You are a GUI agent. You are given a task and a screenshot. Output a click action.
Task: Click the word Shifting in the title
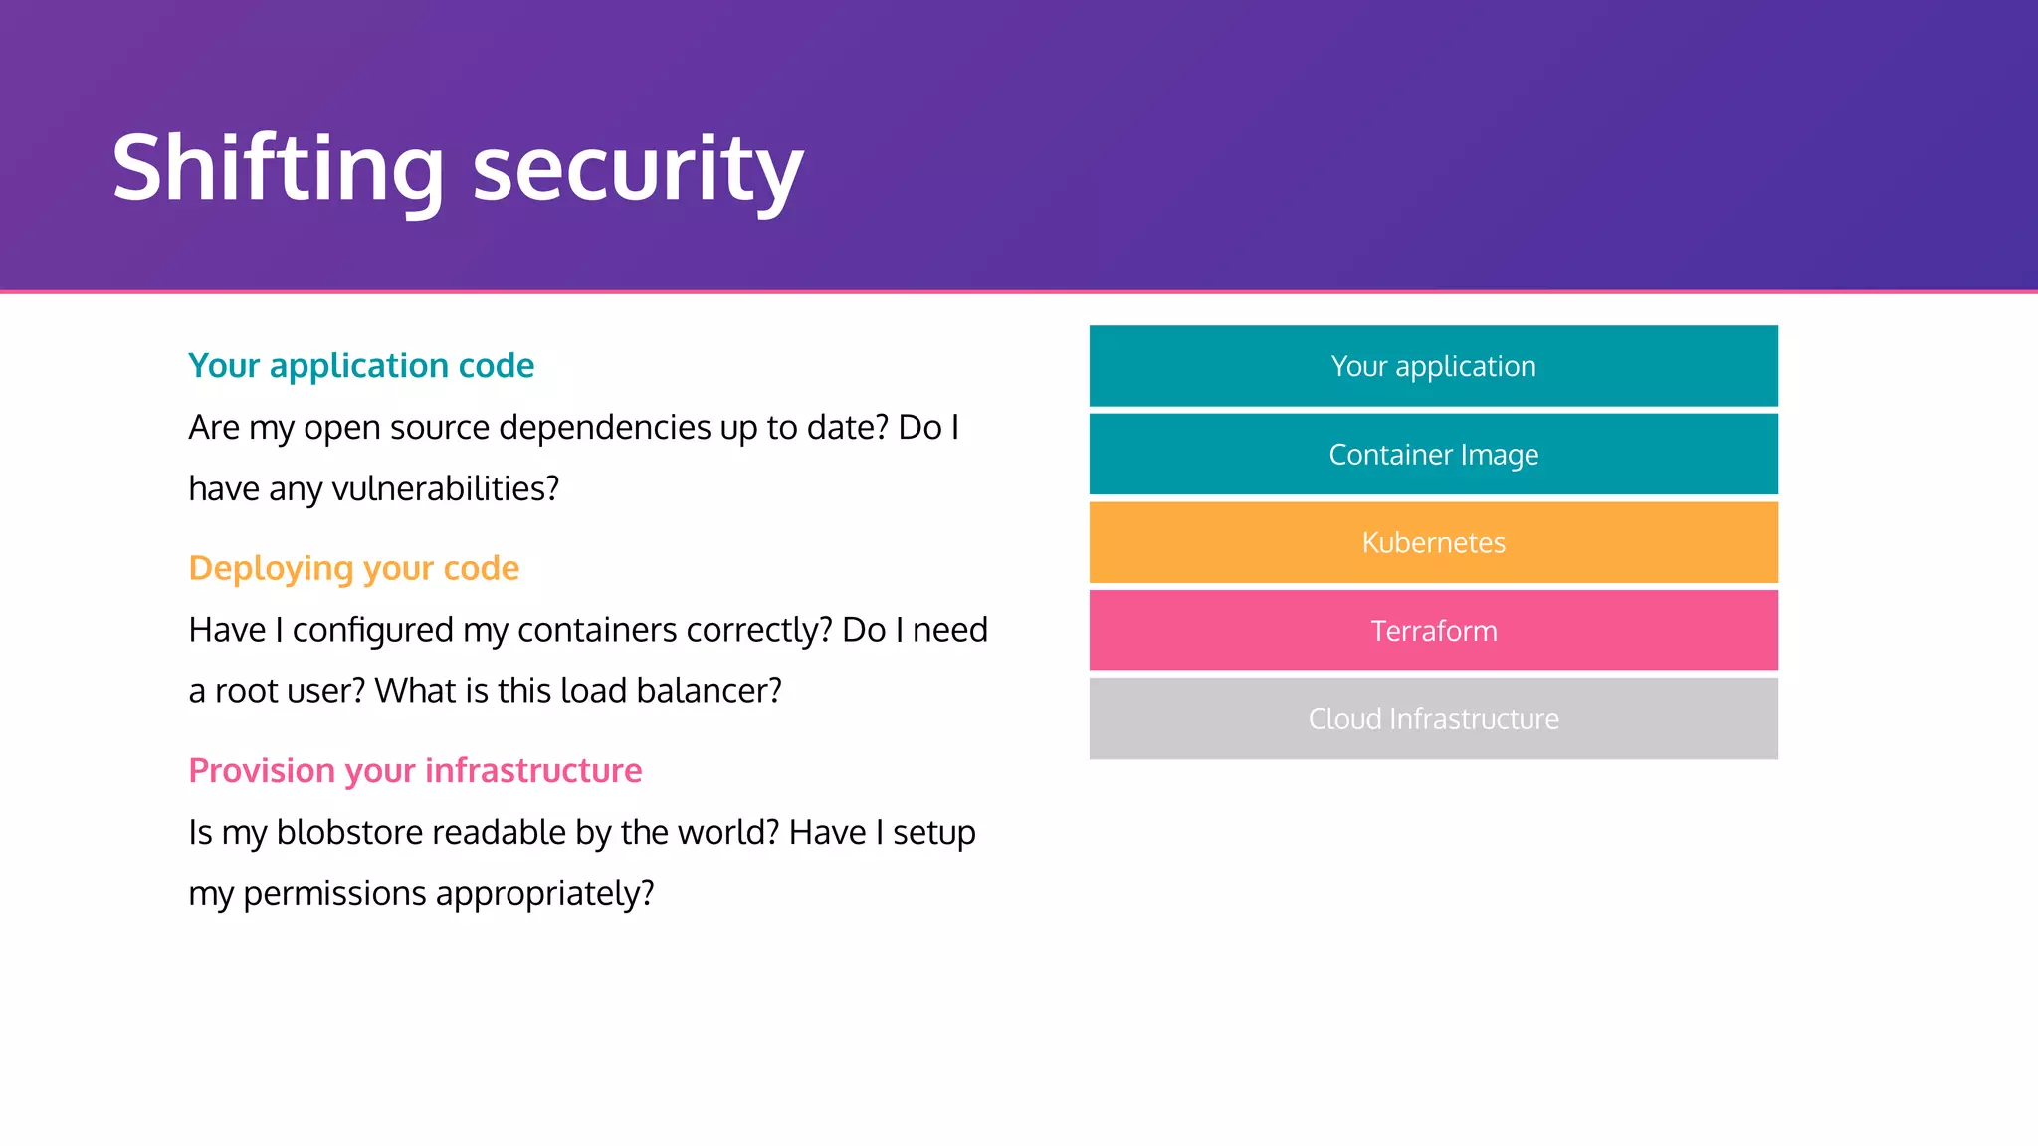point(278,169)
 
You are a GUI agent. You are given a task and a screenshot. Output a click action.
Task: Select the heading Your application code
point(361,366)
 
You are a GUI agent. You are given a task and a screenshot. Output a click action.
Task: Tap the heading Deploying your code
point(353,568)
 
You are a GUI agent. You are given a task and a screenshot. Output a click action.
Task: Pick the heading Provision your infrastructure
point(415,771)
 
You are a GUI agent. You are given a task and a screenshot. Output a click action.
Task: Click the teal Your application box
point(1433,366)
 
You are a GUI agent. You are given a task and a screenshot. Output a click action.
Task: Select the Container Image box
point(1433,455)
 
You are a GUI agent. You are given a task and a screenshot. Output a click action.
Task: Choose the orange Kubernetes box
point(1433,542)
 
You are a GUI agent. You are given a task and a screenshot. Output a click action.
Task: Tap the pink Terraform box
point(1433,631)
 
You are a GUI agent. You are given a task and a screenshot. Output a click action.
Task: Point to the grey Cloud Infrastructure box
point(1433,718)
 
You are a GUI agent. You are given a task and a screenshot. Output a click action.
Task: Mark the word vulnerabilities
point(445,489)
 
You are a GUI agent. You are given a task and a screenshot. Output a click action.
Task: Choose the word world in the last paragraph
point(727,833)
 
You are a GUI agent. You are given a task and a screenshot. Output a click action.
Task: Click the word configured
point(372,631)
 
